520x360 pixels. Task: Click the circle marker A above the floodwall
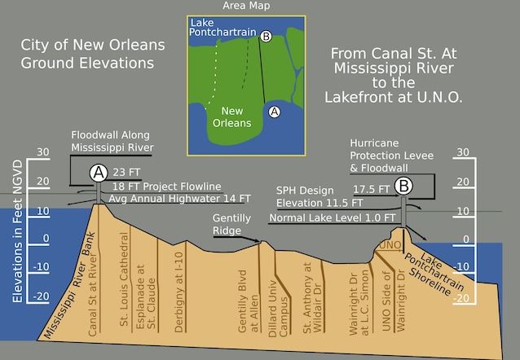click(x=99, y=172)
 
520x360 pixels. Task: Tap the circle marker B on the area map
click(x=265, y=36)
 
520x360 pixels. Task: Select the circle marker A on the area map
click(x=275, y=112)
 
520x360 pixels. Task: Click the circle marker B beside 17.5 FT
click(x=403, y=187)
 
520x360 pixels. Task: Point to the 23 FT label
click(x=128, y=173)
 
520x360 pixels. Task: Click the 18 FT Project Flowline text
click(x=169, y=186)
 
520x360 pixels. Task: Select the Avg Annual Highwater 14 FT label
click(x=179, y=198)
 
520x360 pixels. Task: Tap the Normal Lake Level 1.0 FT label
click(x=333, y=218)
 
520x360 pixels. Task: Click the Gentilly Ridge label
click(x=232, y=225)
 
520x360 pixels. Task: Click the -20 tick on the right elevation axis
click(x=462, y=298)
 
